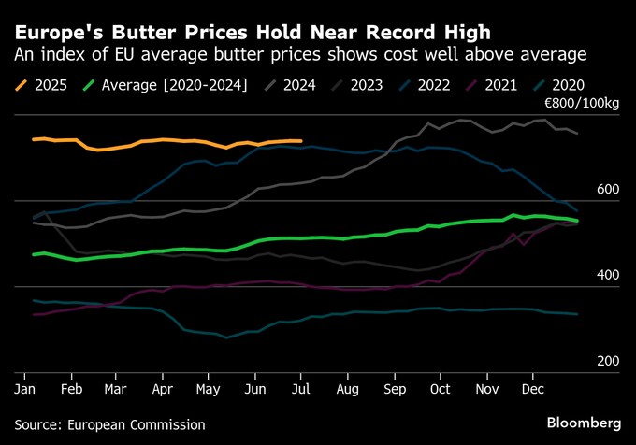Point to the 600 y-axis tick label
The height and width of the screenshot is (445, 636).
point(608,190)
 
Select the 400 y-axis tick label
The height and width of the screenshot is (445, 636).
point(608,276)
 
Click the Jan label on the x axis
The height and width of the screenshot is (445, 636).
point(25,386)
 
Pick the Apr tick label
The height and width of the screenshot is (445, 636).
point(162,386)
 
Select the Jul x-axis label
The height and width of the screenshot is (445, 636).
point(299,386)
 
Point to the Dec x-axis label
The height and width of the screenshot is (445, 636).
point(532,386)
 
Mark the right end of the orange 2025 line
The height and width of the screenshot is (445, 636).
point(300,141)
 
